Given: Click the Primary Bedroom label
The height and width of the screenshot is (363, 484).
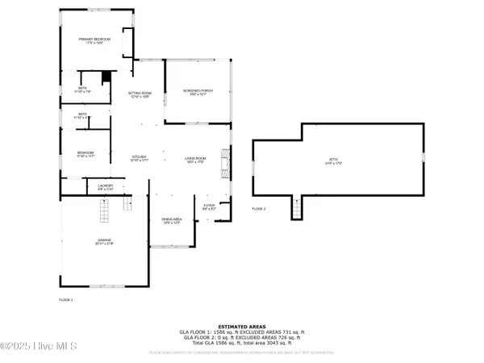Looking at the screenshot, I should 94,40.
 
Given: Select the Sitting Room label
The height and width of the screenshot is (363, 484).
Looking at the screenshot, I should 140,94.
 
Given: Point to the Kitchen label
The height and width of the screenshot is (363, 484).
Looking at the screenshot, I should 142,158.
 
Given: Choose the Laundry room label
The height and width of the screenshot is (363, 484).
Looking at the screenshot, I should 106,187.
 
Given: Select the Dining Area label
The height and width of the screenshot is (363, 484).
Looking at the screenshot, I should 171,219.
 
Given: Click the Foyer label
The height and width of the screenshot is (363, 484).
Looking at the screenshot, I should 209,207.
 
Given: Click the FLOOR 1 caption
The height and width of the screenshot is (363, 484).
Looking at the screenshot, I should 66,299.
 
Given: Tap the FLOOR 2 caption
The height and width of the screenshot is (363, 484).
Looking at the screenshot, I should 258,209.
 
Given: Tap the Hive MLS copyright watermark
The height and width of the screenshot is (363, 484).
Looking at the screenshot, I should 39,348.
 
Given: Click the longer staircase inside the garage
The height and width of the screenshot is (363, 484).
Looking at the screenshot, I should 102,212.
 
